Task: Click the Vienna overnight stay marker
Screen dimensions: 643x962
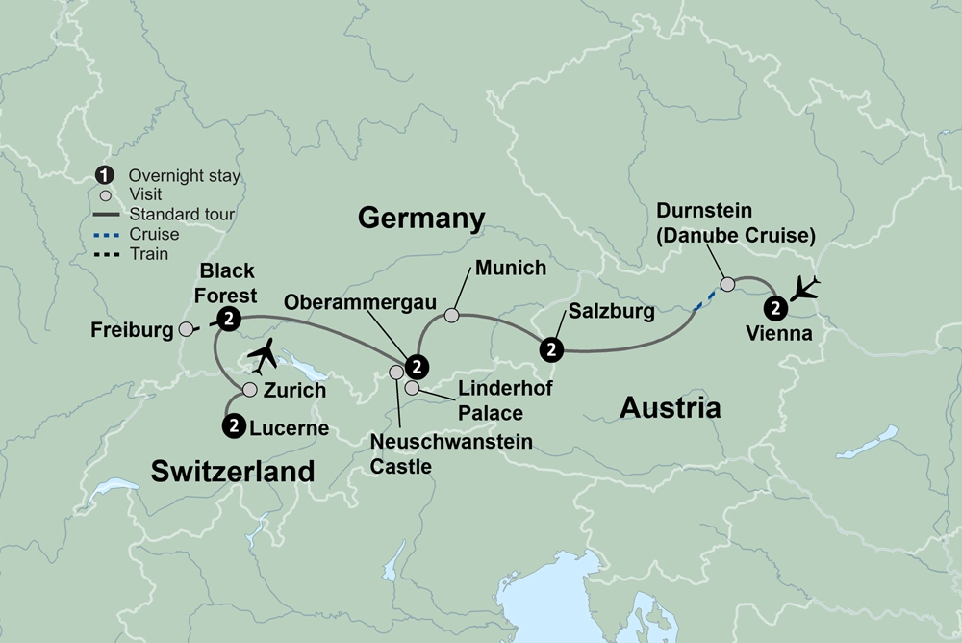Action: click(x=775, y=308)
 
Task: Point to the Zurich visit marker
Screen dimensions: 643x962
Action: click(x=249, y=390)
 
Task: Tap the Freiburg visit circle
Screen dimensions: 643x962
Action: click(x=187, y=329)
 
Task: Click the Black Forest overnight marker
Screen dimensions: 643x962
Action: click(x=228, y=320)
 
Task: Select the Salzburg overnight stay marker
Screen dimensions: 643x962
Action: click(x=550, y=348)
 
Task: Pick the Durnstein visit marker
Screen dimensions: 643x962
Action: click(x=727, y=283)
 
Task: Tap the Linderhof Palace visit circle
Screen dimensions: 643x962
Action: click(x=412, y=389)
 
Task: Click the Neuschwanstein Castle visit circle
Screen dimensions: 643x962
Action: click(x=395, y=372)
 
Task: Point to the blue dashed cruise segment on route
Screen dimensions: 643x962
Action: click(x=706, y=298)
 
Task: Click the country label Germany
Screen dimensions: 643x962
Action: click(x=420, y=218)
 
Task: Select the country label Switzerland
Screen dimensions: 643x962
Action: click(x=233, y=471)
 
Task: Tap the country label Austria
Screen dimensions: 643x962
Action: click(x=670, y=407)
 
